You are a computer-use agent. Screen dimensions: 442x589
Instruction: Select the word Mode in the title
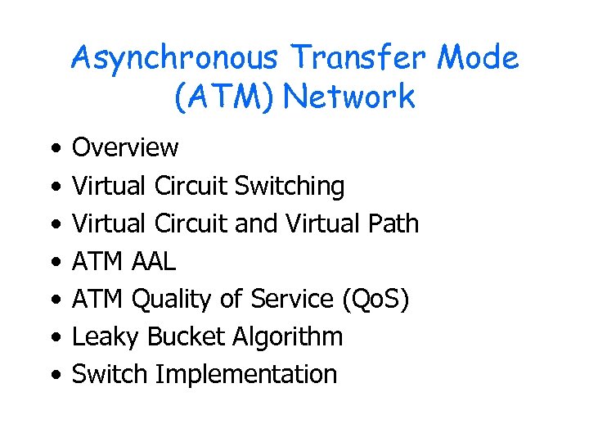pos(478,59)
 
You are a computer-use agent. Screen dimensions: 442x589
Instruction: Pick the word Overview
pos(125,148)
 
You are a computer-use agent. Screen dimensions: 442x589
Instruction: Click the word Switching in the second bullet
pos(290,187)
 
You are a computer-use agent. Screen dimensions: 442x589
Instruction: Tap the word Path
pos(390,223)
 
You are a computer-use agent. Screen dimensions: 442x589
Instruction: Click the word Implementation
pos(245,375)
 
